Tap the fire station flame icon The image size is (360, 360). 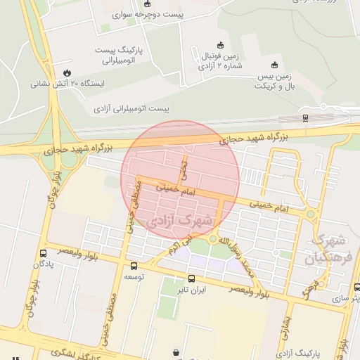click(67, 72)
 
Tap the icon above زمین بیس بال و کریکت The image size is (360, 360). click(274, 64)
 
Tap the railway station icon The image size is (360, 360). click(305, 117)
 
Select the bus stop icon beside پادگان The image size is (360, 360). click(44, 253)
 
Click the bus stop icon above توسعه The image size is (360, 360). click(134, 266)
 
